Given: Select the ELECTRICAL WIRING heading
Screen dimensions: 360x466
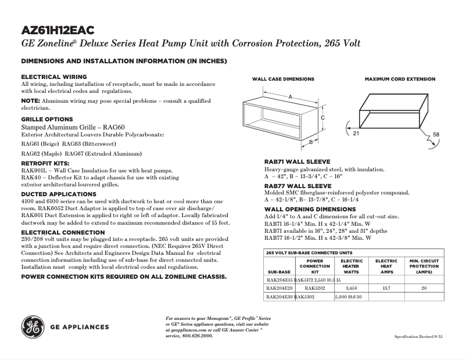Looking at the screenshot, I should click(x=54, y=77).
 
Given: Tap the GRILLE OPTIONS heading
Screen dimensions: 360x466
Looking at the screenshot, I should click(x=47, y=119).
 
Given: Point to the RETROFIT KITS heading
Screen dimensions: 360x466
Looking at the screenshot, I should click(x=45, y=164).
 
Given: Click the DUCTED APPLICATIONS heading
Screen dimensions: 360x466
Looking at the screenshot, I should click(x=59, y=194).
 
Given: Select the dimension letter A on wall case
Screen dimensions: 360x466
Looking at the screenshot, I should click(x=289, y=98).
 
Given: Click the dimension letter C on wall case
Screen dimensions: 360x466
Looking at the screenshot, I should click(x=322, y=117).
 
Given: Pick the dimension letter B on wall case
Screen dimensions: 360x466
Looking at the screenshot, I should click(x=311, y=141).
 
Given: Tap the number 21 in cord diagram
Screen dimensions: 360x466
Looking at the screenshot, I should click(x=356, y=134).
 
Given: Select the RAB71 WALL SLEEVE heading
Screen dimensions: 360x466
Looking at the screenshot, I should click(x=297, y=161).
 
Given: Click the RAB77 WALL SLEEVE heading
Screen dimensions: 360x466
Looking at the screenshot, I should click(x=297, y=186).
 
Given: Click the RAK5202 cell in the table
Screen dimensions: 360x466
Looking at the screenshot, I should click(x=314, y=288).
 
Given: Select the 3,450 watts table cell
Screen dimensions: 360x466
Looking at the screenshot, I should click(x=351, y=288).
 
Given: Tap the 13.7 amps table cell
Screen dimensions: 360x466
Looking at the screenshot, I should click(x=386, y=288).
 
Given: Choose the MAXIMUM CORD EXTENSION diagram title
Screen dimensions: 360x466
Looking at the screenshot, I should click(x=400, y=79).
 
